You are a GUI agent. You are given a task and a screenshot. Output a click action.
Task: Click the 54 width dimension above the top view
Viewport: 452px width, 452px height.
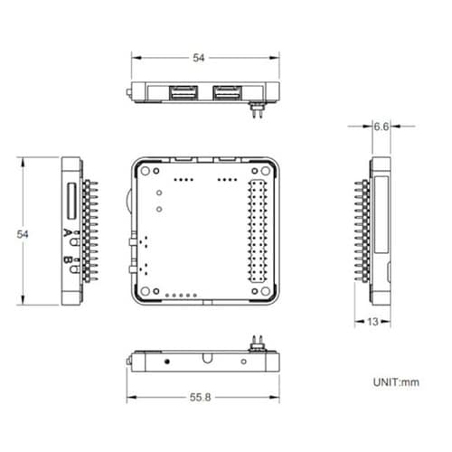(x=199, y=58)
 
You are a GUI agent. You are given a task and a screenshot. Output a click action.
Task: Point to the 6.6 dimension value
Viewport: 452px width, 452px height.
(x=381, y=127)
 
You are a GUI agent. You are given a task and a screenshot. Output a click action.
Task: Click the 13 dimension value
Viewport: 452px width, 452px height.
(x=373, y=321)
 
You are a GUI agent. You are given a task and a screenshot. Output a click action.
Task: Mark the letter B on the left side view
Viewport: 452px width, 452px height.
(x=69, y=263)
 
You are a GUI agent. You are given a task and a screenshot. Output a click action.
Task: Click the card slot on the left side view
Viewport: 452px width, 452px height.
(x=70, y=202)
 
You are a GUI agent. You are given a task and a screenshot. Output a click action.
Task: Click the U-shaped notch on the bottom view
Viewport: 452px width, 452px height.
(x=207, y=359)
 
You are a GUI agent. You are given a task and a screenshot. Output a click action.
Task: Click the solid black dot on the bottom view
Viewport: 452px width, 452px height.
(x=168, y=361)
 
